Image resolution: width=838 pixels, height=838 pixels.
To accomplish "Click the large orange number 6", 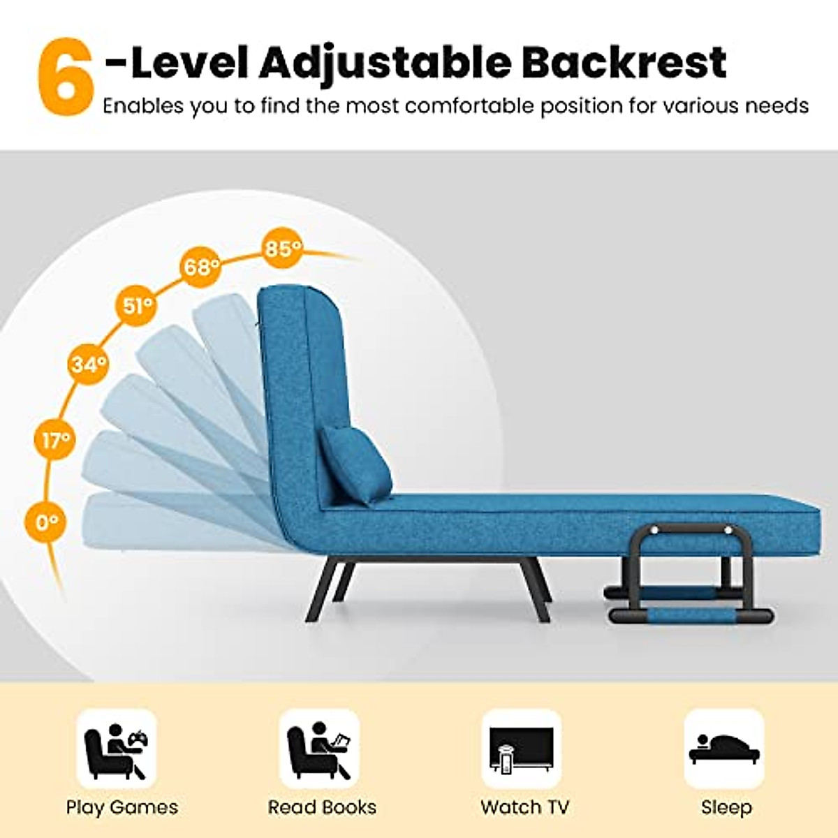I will pos(65,76).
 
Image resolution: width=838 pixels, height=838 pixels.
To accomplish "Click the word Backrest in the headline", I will pos(624,62).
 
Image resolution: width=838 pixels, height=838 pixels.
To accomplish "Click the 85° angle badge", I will pos(282,247).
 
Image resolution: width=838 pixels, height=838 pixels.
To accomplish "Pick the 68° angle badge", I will pos(200,266).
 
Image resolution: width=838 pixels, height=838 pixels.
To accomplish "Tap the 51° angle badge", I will pos(137,306).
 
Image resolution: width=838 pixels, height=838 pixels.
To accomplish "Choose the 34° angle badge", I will pos(89,363).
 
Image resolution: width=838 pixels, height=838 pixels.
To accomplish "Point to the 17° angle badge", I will pos(55,440).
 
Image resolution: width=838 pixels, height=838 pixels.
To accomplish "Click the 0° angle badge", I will pos(47,522).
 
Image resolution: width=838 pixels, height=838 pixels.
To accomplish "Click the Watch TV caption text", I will pos(524,807).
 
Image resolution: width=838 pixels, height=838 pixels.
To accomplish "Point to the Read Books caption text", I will pos(322,807).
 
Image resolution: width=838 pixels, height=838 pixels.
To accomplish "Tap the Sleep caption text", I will pos(726,807).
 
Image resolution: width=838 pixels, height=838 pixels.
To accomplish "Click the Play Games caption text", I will pos(122,808).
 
